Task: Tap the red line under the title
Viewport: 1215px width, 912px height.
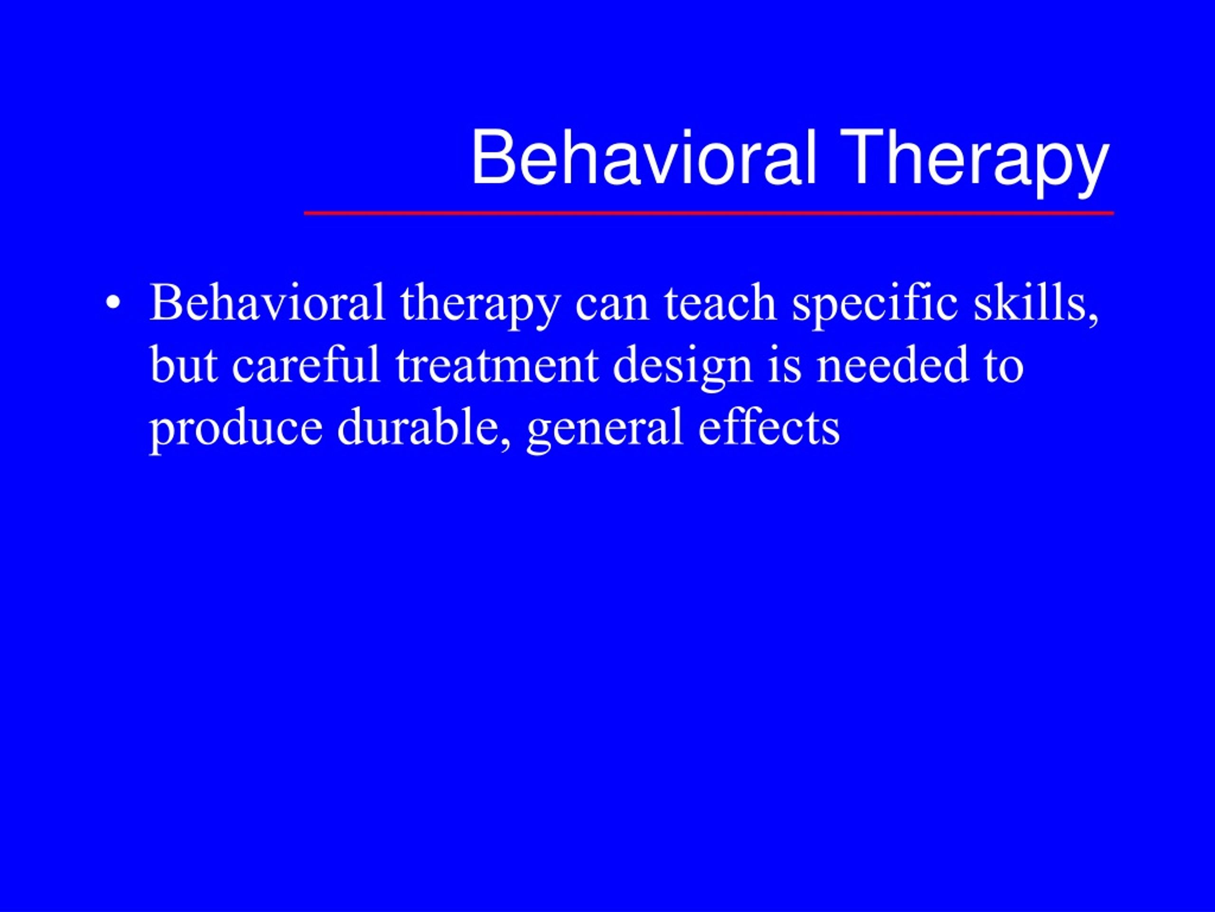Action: [x=709, y=213]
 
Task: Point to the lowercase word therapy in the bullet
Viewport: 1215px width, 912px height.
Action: [x=481, y=306]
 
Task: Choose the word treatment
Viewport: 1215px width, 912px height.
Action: [x=496, y=366]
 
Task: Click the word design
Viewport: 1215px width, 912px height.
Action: [x=682, y=368]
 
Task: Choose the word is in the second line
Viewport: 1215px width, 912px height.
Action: [x=785, y=366]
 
